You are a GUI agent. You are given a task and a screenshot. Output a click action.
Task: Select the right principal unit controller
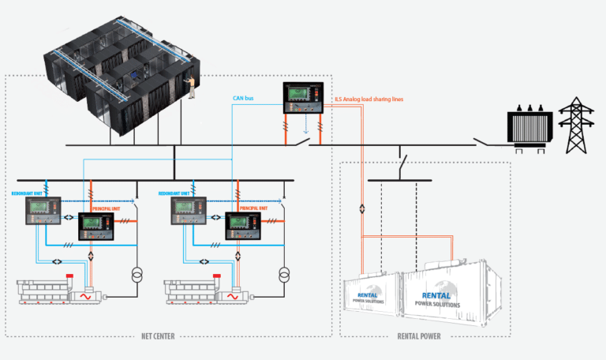[x=245, y=227]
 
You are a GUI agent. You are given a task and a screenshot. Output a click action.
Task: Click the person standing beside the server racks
[x=191, y=87]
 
